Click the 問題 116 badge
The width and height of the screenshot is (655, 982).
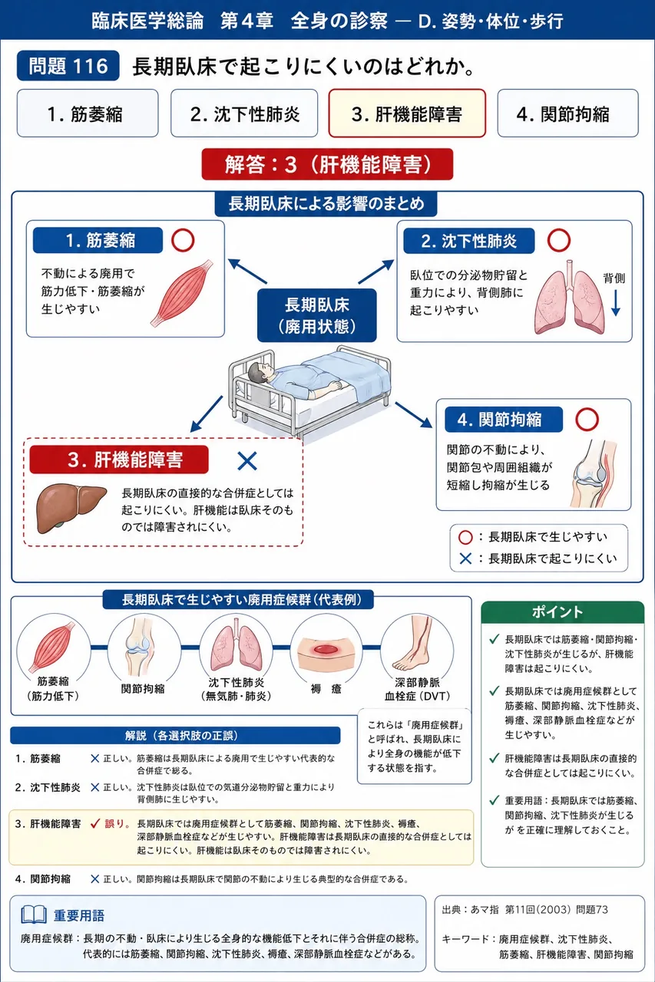(x=68, y=66)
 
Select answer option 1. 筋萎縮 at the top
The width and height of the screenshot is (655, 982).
(x=88, y=114)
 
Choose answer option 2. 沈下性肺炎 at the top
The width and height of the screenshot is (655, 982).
(x=244, y=114)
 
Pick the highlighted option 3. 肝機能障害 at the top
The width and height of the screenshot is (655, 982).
(x=407, y=114)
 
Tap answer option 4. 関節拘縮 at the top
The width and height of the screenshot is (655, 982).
(x=567, y=114)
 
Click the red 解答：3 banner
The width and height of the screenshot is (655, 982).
(x=327, y=164)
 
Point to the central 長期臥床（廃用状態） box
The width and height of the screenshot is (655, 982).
(x=317, y=315)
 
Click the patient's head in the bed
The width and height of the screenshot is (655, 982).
(x=260, y=373)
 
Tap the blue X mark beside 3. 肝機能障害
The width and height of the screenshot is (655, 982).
(x=247, y=461)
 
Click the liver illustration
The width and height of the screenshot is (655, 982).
(x=71, y=508)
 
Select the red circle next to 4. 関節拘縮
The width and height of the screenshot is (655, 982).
(x=587, y=420)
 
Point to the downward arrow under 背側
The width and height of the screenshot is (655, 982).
(x=616, y=303)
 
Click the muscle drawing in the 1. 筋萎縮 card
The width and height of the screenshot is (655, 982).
(x=181, y=293)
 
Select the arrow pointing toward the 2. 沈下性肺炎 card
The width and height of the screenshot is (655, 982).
(x=376, y=272)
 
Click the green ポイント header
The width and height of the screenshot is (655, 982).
(x=563, y=612)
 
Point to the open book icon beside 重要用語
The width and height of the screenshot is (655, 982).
(x=34, y=915)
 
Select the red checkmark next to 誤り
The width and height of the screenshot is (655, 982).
(x=95, y=824)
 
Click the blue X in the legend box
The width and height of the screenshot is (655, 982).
(x=465, y=559)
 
